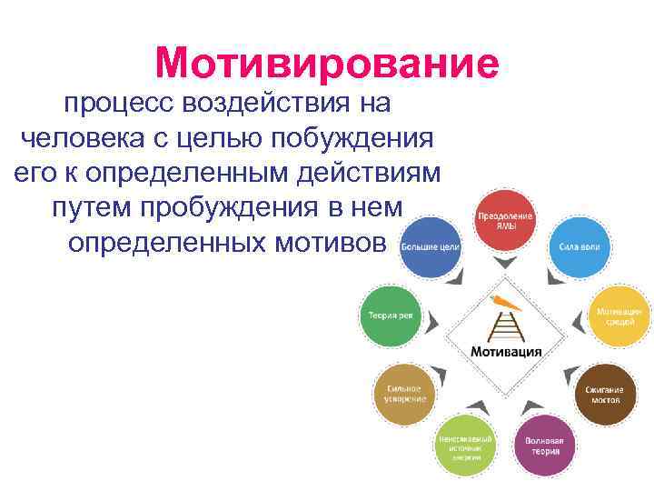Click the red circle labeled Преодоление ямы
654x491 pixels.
point(506,221)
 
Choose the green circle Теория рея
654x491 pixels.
point(390,316)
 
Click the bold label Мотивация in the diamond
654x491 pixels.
point(506,351)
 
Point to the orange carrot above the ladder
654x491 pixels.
point(502,302)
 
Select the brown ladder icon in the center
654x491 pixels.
point(505,326)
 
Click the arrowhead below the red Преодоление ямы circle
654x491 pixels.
point(506,265)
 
